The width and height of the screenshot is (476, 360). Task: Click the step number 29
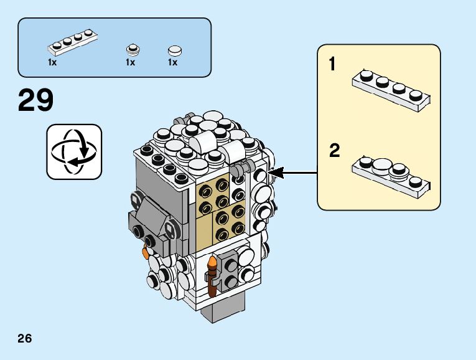pyautogui.click(x=35, y=100)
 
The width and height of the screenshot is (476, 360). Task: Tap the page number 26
pyautogui.click(x=25, y=338)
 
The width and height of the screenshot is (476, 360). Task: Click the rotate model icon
pyautogui.click(x=74, y=151)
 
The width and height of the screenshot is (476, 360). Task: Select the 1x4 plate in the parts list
pyautogui.click(x=73, y=42)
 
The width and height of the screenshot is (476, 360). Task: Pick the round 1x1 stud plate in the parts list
pyautogui.click(x=133, y=50)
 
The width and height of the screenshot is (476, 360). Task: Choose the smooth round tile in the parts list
pyautogui.click(x=175, y=51)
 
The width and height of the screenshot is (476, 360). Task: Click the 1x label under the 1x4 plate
pyautogui.click(x=52, y=62)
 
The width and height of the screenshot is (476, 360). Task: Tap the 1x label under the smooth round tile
pyautogui.click(x=173, y=62)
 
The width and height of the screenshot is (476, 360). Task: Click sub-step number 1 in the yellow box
pyautogui.click(x=332, y=64)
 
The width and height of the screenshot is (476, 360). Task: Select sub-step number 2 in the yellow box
pyautogui.click(x=334, y=150)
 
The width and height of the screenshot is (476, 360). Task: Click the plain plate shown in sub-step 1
pyautogui.click(x=391, y=90)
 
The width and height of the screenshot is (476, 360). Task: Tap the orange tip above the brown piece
pyautogui.click(x=212, y=261)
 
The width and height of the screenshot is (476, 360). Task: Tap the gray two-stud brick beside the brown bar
pyautogui.click(x=228, y=272)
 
